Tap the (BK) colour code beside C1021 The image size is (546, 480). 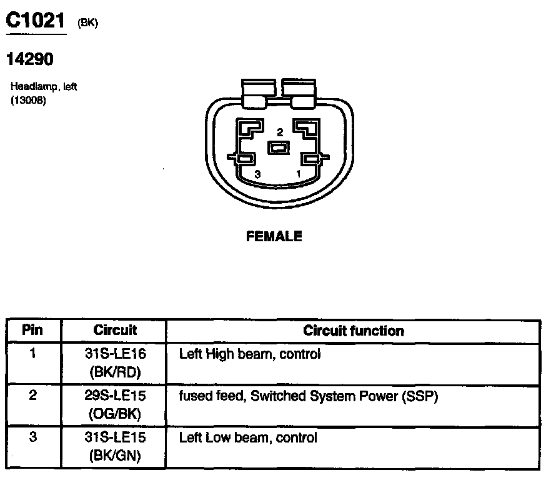tap(88, 23)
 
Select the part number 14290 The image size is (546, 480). tap(29, 59)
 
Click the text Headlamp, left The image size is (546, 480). tap(44, 87)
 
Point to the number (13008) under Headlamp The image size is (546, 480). tap(28, 100)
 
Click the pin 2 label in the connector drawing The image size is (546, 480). tap(280, 132)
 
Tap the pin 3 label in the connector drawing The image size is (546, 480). tap(257, 174)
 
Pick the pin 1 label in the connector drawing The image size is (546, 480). tap(299, 172)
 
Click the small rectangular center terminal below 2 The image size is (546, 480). tap(278, 148)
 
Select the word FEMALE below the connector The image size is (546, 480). tap(274, 236)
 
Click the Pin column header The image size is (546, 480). tap(32, 330)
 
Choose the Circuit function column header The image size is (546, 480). tap(354, 331)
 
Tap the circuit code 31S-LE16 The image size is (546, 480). tap(115, 354)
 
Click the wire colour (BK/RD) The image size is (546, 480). tap(115, 372)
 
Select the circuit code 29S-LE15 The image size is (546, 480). tap(115, 396)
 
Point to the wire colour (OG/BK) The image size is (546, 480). tap(115, 414)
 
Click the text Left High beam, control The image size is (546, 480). tap(249, 354)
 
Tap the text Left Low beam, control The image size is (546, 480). tap(248, 437)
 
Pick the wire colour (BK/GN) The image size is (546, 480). tap(115, 456)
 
